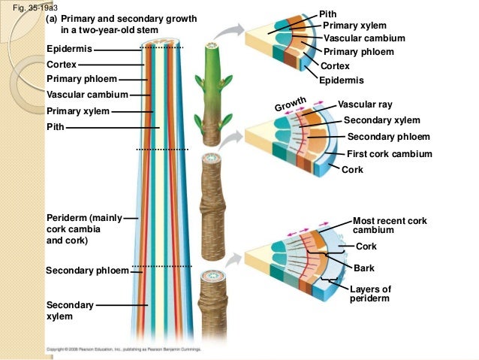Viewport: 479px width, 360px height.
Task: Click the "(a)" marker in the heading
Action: coord(53,19)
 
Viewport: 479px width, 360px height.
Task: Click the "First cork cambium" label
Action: coord(389,153)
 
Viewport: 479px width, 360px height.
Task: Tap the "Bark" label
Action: coord(365,268)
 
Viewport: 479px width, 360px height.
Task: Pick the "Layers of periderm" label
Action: coord(370,294)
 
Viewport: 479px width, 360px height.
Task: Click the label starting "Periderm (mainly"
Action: coord(83,218)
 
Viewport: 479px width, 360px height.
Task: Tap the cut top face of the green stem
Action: coord(208,49)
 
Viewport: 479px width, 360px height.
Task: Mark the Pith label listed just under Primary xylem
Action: coord(55,127)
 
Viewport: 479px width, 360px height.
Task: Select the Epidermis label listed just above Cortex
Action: coord(70,49)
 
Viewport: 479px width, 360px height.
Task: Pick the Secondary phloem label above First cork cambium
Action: coord(388,137)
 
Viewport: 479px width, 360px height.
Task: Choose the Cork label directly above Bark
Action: coord(366,247)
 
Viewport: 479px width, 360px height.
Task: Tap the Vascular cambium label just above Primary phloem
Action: coord(364,38)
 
